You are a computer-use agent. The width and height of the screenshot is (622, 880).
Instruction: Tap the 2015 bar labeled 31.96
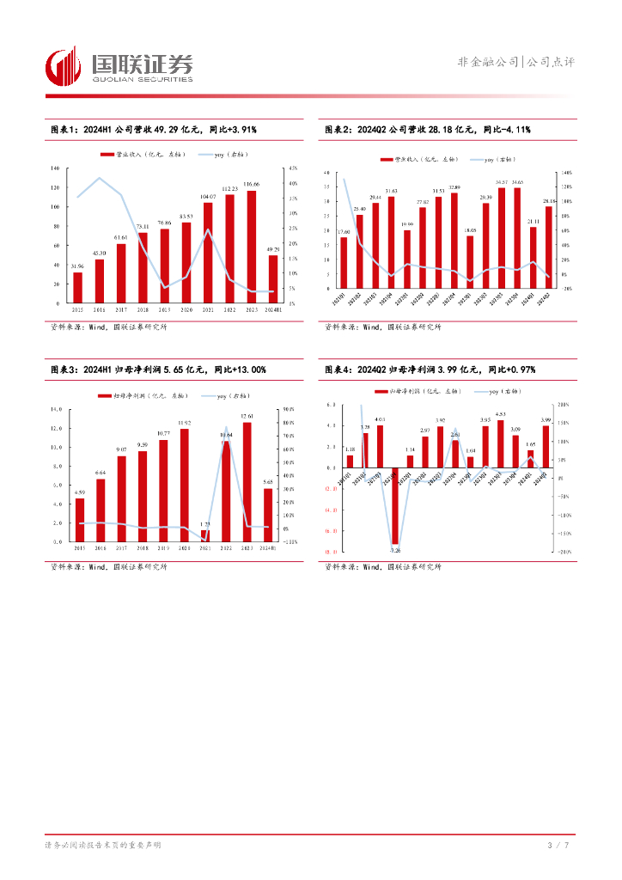pos(77,288)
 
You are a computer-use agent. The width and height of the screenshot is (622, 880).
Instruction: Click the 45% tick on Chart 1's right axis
pos(293,168)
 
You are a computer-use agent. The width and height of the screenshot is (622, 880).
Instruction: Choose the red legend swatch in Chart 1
pos(107,154)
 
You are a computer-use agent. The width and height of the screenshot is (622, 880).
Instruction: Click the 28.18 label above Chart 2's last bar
pos(549,200)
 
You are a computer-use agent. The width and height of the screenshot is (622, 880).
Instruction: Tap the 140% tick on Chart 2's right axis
pos(567,174)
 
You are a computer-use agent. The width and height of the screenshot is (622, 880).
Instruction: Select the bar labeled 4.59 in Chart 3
pos(80,520)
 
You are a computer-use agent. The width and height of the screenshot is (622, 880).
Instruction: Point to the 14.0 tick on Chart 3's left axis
pos(56,409)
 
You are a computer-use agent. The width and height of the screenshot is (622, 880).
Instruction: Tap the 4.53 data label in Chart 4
pos(500,414)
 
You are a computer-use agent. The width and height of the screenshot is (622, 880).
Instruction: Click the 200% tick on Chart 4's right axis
pos(565,405)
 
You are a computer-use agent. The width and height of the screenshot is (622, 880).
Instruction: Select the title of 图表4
pos(430,370)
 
